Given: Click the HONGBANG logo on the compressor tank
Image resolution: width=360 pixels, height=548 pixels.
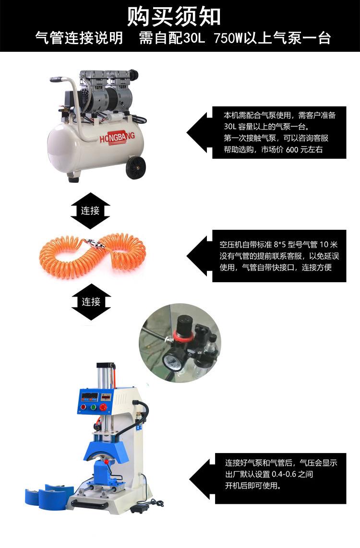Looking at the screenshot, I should tap(117, 138).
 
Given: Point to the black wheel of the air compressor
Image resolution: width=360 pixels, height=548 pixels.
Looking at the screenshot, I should tap(136, 168).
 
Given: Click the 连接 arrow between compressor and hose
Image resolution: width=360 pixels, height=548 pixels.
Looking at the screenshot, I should tap(90, 210).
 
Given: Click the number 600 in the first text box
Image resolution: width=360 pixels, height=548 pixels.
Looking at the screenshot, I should tap(292, 150).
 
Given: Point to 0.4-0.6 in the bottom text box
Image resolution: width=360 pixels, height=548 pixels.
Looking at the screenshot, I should tap(286, 475).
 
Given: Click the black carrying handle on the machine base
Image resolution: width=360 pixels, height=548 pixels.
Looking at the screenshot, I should tap(90, 505).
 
